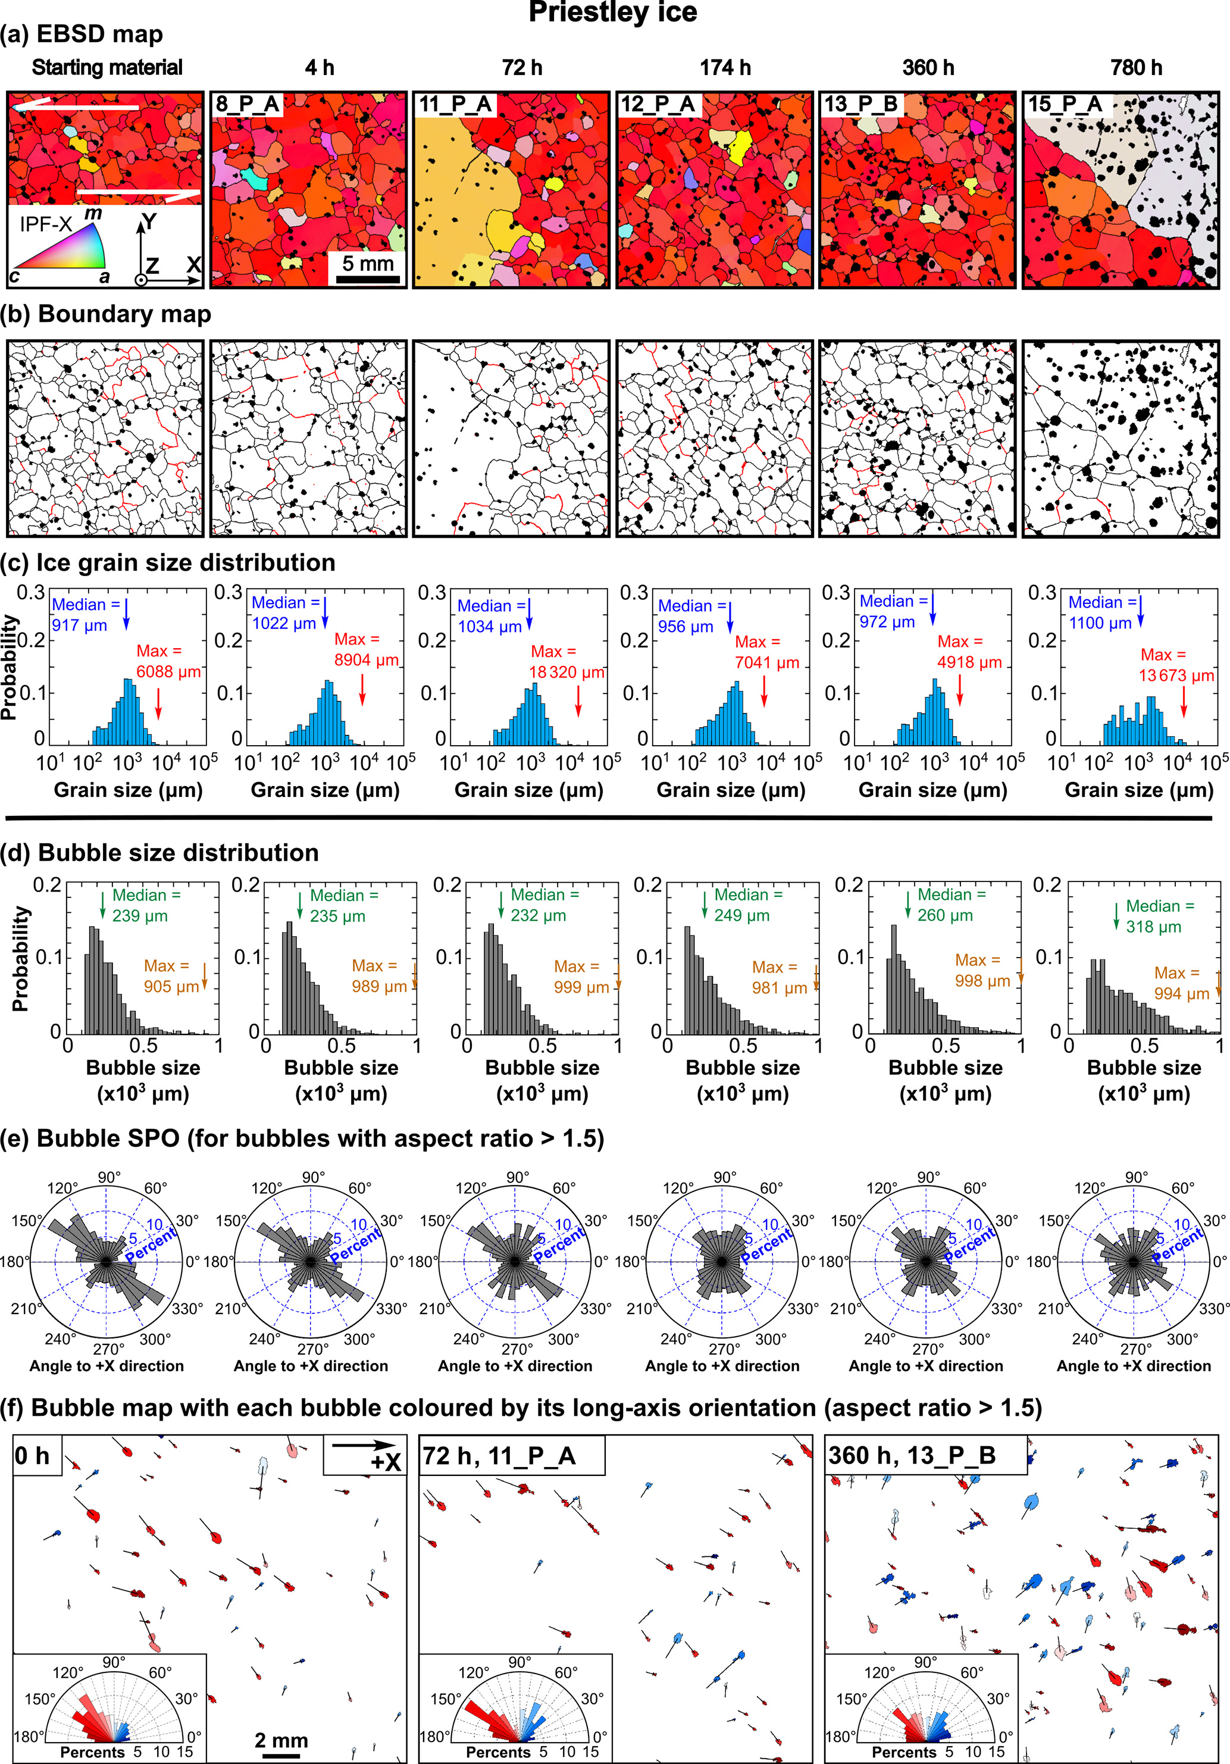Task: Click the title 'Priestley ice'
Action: [x=613, y=13]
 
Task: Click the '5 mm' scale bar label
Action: [x=367, y=264]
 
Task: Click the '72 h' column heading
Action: [x=522, y=68]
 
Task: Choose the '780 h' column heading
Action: [x=1135, y=68]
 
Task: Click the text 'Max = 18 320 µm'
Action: [x=567, y=662]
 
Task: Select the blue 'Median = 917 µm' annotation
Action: [x=84, y=615]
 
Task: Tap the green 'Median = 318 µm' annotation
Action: [x=1159, y=917]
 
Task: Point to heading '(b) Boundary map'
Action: [x=108, y=314]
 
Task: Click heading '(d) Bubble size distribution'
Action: [x=160, y=853]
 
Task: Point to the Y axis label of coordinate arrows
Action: [x=149, y=223]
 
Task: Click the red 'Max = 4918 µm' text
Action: [x=969, y=652]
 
